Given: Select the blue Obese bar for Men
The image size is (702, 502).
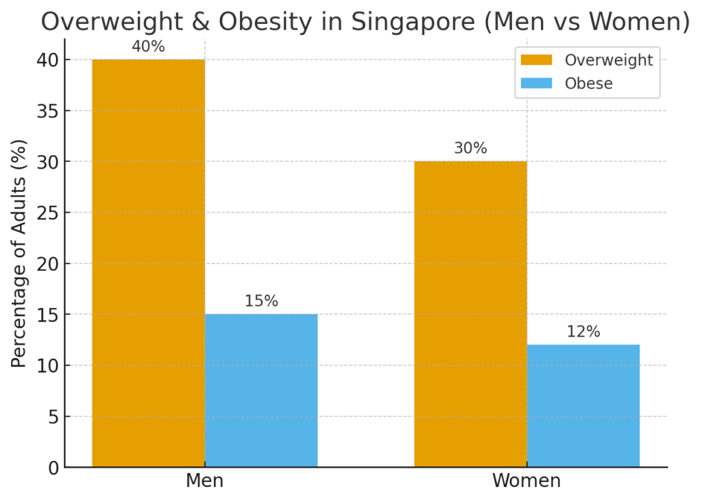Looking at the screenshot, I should (261, 390).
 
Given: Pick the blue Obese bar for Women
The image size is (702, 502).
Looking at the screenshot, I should (583, 405).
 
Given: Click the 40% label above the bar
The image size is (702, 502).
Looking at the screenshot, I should (148, 47).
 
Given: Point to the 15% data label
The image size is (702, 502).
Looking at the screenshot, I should (261, 301).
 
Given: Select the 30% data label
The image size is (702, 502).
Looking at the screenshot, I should (470, 149).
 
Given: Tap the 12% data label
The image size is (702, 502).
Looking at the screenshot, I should (583, 332).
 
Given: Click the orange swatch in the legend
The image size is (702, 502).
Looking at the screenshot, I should (536, 60).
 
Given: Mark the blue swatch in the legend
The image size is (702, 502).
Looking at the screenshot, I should (536, 84).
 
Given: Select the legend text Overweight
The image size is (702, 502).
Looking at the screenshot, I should (609, 60).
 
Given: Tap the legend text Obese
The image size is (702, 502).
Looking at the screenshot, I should (588, 84).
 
